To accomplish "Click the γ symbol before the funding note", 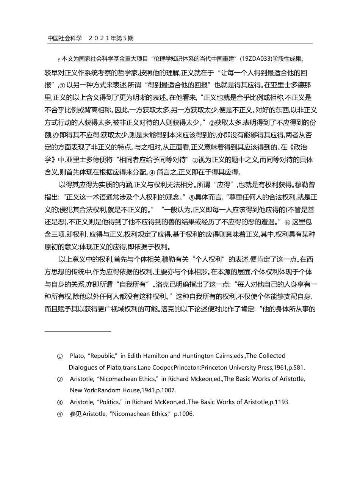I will tap(59, 59).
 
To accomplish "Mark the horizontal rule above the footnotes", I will tap(78, 331).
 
